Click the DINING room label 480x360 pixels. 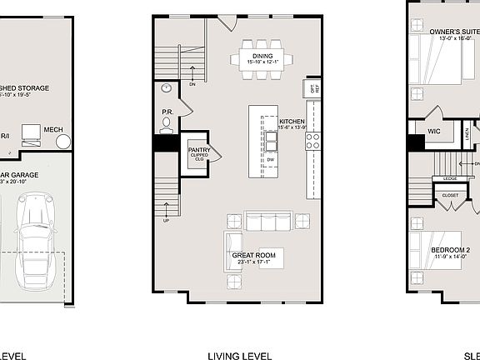263,55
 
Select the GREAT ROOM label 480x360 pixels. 254,255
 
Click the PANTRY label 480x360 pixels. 199,151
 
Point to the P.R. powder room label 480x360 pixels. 167,111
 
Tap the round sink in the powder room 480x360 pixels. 167,87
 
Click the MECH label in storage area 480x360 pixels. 53,129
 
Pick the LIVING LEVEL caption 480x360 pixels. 240,357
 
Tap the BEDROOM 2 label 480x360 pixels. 451,250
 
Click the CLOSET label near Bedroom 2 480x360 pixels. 450,196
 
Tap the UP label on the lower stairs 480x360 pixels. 167,220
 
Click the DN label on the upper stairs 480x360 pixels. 192,83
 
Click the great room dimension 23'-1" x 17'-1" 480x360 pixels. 254,263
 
